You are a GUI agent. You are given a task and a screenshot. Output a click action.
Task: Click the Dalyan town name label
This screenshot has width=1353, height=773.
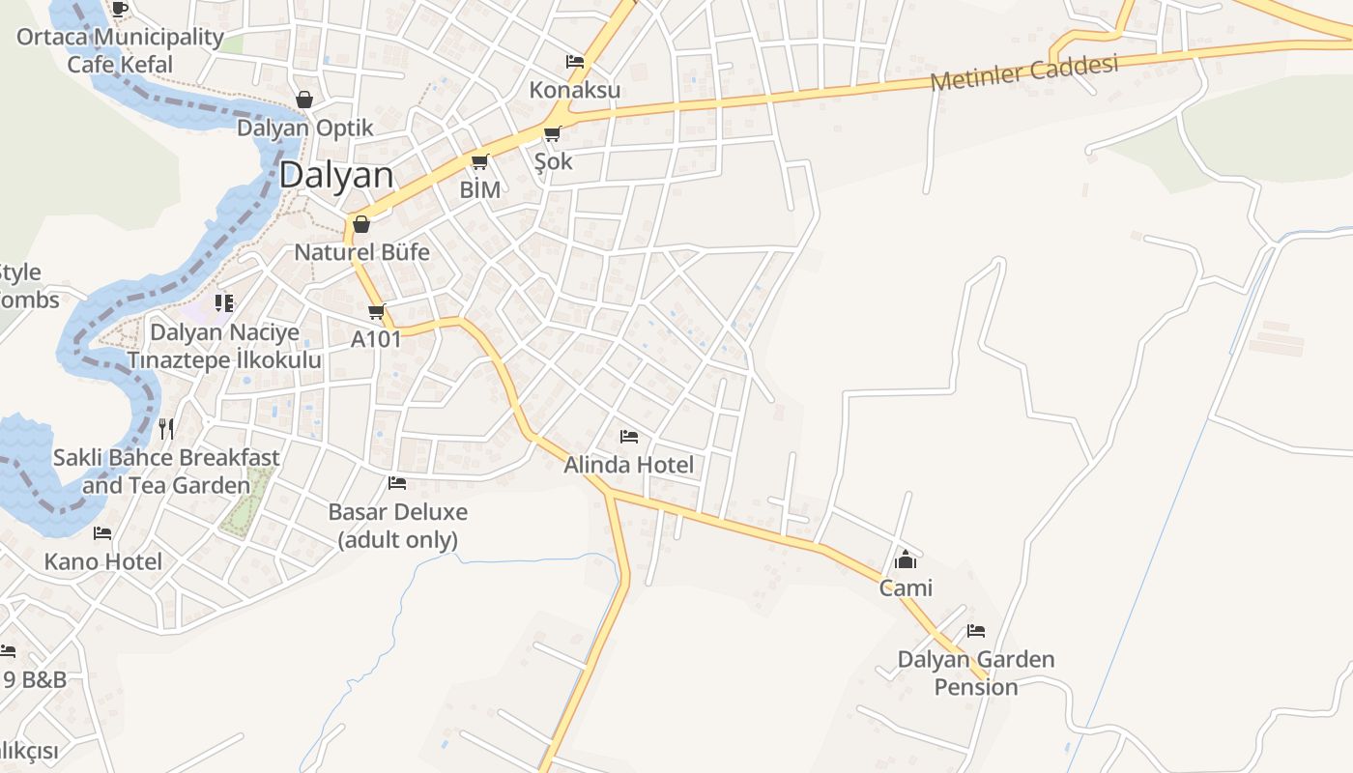336,176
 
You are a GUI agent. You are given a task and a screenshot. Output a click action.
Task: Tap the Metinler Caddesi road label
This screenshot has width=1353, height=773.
1023,72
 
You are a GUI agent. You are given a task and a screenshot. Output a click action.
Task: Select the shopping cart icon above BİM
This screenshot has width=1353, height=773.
479,162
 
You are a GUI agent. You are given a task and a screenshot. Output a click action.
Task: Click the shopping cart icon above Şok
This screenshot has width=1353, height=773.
552,133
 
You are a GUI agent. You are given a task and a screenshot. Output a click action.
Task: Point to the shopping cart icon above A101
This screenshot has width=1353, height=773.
376,311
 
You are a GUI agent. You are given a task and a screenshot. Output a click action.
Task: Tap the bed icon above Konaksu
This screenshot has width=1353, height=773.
575,62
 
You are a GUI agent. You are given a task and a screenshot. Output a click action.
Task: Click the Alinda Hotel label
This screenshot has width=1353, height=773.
628,465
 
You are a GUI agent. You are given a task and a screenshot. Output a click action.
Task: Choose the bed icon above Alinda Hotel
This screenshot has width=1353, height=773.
629,437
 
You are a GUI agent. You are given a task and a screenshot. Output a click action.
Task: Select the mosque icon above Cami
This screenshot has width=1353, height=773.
906,559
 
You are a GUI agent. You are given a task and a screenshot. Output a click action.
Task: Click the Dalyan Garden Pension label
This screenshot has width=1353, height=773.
976,673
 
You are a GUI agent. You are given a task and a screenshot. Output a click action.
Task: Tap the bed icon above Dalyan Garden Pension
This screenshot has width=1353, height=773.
976,631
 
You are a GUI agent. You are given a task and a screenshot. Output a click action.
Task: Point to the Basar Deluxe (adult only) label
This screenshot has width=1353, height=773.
397,525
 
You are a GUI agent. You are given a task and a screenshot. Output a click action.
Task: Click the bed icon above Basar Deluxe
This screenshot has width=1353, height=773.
397,483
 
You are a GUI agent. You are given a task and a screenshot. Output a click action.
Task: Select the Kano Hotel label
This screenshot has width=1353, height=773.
102,561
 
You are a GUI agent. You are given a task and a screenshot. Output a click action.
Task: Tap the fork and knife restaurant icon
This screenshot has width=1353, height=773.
166,428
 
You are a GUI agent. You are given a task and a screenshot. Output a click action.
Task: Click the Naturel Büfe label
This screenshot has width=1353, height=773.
361,252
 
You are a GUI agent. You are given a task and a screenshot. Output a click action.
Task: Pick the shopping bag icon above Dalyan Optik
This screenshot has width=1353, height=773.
304,100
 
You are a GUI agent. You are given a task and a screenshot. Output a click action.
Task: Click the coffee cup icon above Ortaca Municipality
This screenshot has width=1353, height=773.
119,9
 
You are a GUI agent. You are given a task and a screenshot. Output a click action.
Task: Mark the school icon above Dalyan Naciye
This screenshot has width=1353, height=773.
224,303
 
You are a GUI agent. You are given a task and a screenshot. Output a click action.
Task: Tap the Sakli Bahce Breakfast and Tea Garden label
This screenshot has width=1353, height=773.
166,471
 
